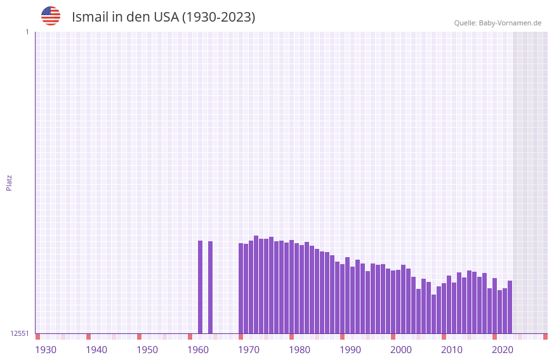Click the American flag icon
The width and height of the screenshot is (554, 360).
[51, 16]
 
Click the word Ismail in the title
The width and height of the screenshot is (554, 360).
[89, 17]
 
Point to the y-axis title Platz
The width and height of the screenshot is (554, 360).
[9, 182]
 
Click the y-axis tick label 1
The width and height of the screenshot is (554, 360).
[27, 32]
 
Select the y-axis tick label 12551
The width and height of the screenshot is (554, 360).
[20, 333]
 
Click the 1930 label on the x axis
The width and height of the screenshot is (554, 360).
[46, 350]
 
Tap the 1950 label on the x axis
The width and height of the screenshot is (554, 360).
[147, 350]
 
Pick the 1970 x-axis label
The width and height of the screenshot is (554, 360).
[249, 350]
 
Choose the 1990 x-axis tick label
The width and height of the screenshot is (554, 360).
[350, 350]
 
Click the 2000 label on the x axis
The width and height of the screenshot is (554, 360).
[401, 350]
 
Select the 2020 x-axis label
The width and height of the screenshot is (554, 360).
[503, 350]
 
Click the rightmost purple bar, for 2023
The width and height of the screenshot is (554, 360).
[510, 307]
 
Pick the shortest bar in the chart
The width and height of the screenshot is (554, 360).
[434, 314]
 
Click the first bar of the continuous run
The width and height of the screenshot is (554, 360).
[241, 288]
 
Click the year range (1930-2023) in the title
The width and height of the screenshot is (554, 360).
[218, 17]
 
